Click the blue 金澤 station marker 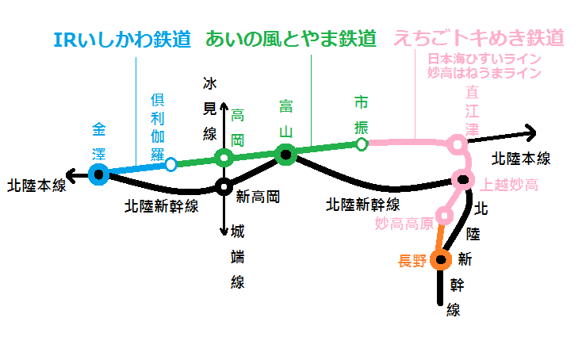point(99,174)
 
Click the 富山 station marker point(285,155)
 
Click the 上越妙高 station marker point(463,180)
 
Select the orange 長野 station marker point(441,259)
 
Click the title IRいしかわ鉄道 point(122,40)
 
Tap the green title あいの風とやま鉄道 point(291,39)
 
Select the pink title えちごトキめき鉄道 point(479,38)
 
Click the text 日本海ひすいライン point(484,59)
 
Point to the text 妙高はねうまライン point(484,73)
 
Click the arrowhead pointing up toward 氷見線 point(224,105)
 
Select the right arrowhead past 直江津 point(531,133)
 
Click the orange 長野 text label point(412,261)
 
